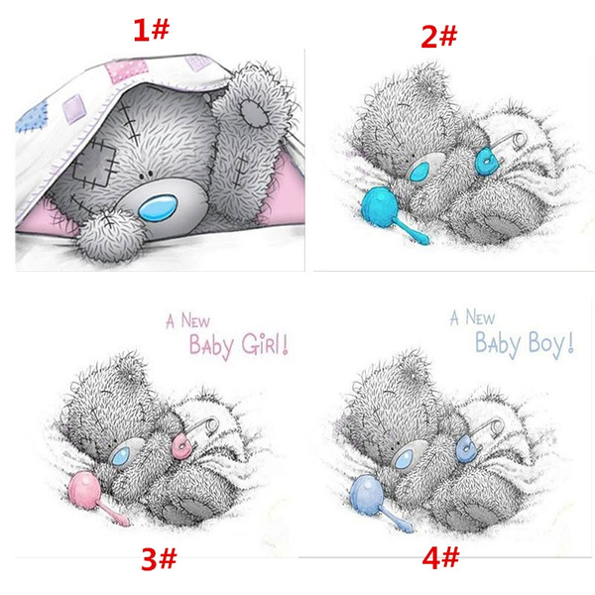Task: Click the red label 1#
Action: point(151,30)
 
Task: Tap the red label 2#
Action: point(439,37)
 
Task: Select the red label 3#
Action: point(159,559)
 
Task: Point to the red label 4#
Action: point(440,557)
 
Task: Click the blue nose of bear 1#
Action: point(158,207)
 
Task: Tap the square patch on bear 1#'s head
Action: point(94,164)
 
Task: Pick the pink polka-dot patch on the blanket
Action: point(126,71)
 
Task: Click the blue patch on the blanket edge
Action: point(33,116)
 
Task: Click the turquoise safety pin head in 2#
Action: point(486,162)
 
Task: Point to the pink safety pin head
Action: point(181,447)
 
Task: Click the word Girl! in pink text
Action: point(265,344)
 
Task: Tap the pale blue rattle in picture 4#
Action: point(376,500)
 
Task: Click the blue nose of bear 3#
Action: point(121,456)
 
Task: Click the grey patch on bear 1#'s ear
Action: point(254,112)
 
